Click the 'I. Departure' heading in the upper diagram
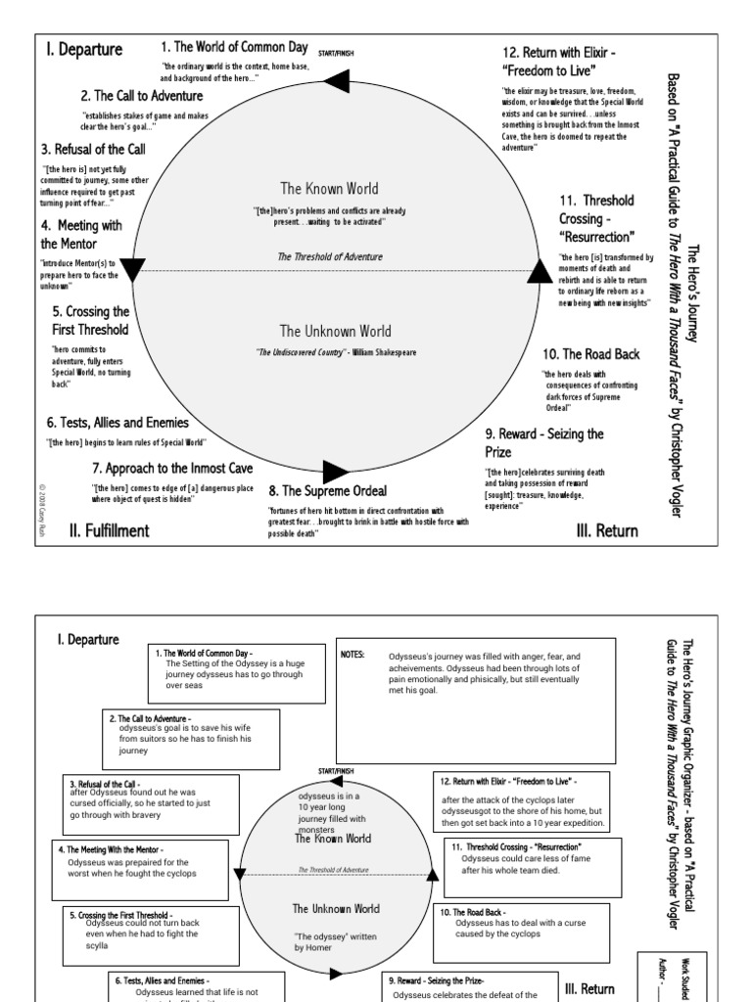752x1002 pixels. [82, 50]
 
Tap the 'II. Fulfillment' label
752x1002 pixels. [109, 531]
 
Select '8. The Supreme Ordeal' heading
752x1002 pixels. [328, 490]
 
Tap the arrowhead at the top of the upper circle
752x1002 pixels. [340, 87]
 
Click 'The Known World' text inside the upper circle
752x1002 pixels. [329, 189]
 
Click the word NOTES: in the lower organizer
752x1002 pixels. [352, 655]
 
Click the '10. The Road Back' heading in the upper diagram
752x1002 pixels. [590, 353]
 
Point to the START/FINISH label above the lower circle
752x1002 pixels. [337, 771]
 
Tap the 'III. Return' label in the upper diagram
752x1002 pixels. [607, 531]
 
